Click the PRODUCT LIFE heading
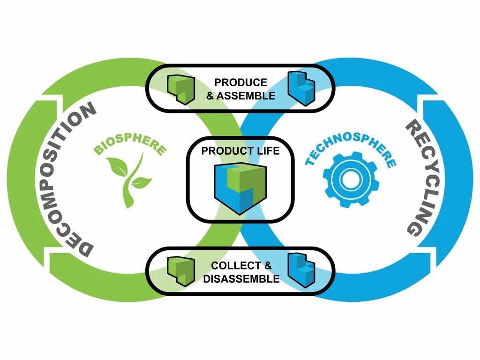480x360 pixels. point(240,151)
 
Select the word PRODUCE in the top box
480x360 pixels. point(240,82)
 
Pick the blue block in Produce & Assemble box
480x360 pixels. point(300,87)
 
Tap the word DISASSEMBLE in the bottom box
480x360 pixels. point(241,279)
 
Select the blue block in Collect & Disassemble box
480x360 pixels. point(300,270)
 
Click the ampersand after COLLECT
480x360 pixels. point(268,265)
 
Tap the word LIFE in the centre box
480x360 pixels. point(267,151)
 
